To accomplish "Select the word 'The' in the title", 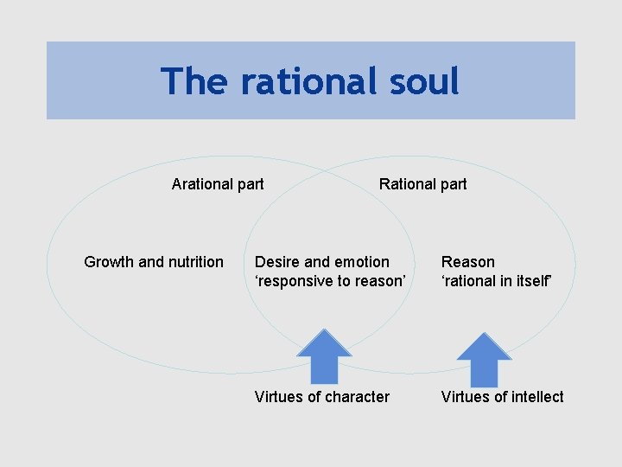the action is click(x=195, y=81).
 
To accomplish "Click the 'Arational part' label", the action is click(x=218, y=183).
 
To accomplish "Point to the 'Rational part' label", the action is click(x=422, y=183).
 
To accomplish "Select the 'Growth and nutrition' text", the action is click(x=154, y=262).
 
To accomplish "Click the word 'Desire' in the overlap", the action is click(x=277, y=262).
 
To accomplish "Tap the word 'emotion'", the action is click(x=362, y=262).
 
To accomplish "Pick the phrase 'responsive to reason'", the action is click(x=330, y=281).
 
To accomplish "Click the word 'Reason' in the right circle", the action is click(x=468, y=262).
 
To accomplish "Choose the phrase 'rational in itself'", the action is click(x=497, y=281).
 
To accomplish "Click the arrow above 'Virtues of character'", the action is click(x=324, y=356).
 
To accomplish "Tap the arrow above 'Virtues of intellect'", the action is click(x=484, y=358).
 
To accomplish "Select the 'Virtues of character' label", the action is click(x=322, y=397).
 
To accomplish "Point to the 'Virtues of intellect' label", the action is click(x=502, y=397).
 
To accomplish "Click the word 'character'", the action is click(x=355, y=397).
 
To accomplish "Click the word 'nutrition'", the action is click(x=194, y=262).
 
